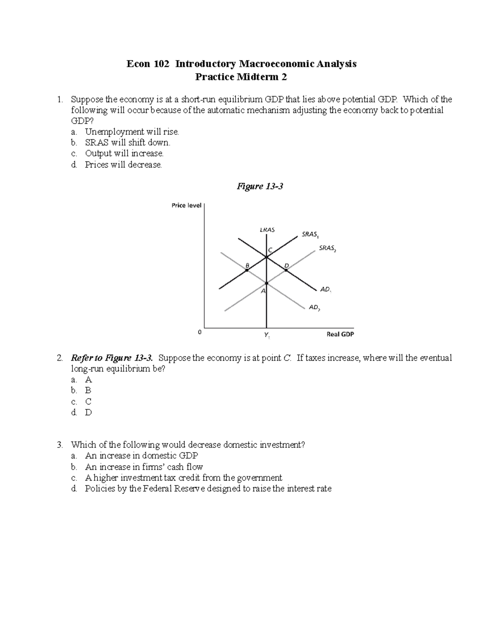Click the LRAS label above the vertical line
point(267,230)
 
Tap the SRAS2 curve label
point(327,248)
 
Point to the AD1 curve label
point(326,289)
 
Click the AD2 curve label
point(314,307)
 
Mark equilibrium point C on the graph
point(266,257)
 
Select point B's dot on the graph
point(247,270)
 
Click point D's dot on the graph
point(286,270)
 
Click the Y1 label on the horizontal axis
point(267,335)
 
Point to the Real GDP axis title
point(340,334)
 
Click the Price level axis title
point(186,205)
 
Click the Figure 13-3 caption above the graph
point(260,186)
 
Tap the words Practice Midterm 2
point(241,77)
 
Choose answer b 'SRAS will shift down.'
point(128,142)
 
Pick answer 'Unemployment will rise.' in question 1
point(132,132)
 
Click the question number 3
point(60,445)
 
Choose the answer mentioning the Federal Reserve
point(208,489)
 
